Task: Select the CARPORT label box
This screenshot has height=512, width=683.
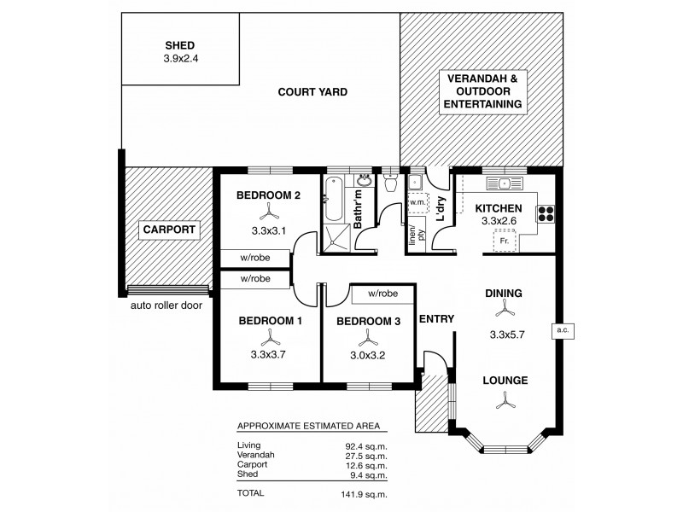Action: [x=169, y=230]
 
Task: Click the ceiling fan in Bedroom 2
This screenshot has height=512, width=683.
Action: [x=267, y=212]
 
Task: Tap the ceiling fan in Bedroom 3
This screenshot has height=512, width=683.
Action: [x=367, y=345]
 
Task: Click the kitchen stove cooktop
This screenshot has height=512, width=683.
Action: [x=546, y=215]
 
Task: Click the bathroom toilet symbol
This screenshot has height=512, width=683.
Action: [x=391, y=183]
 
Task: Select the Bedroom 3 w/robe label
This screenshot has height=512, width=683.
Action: [x=385, y=294]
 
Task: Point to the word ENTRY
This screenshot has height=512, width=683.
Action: [x=435, y=319]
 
